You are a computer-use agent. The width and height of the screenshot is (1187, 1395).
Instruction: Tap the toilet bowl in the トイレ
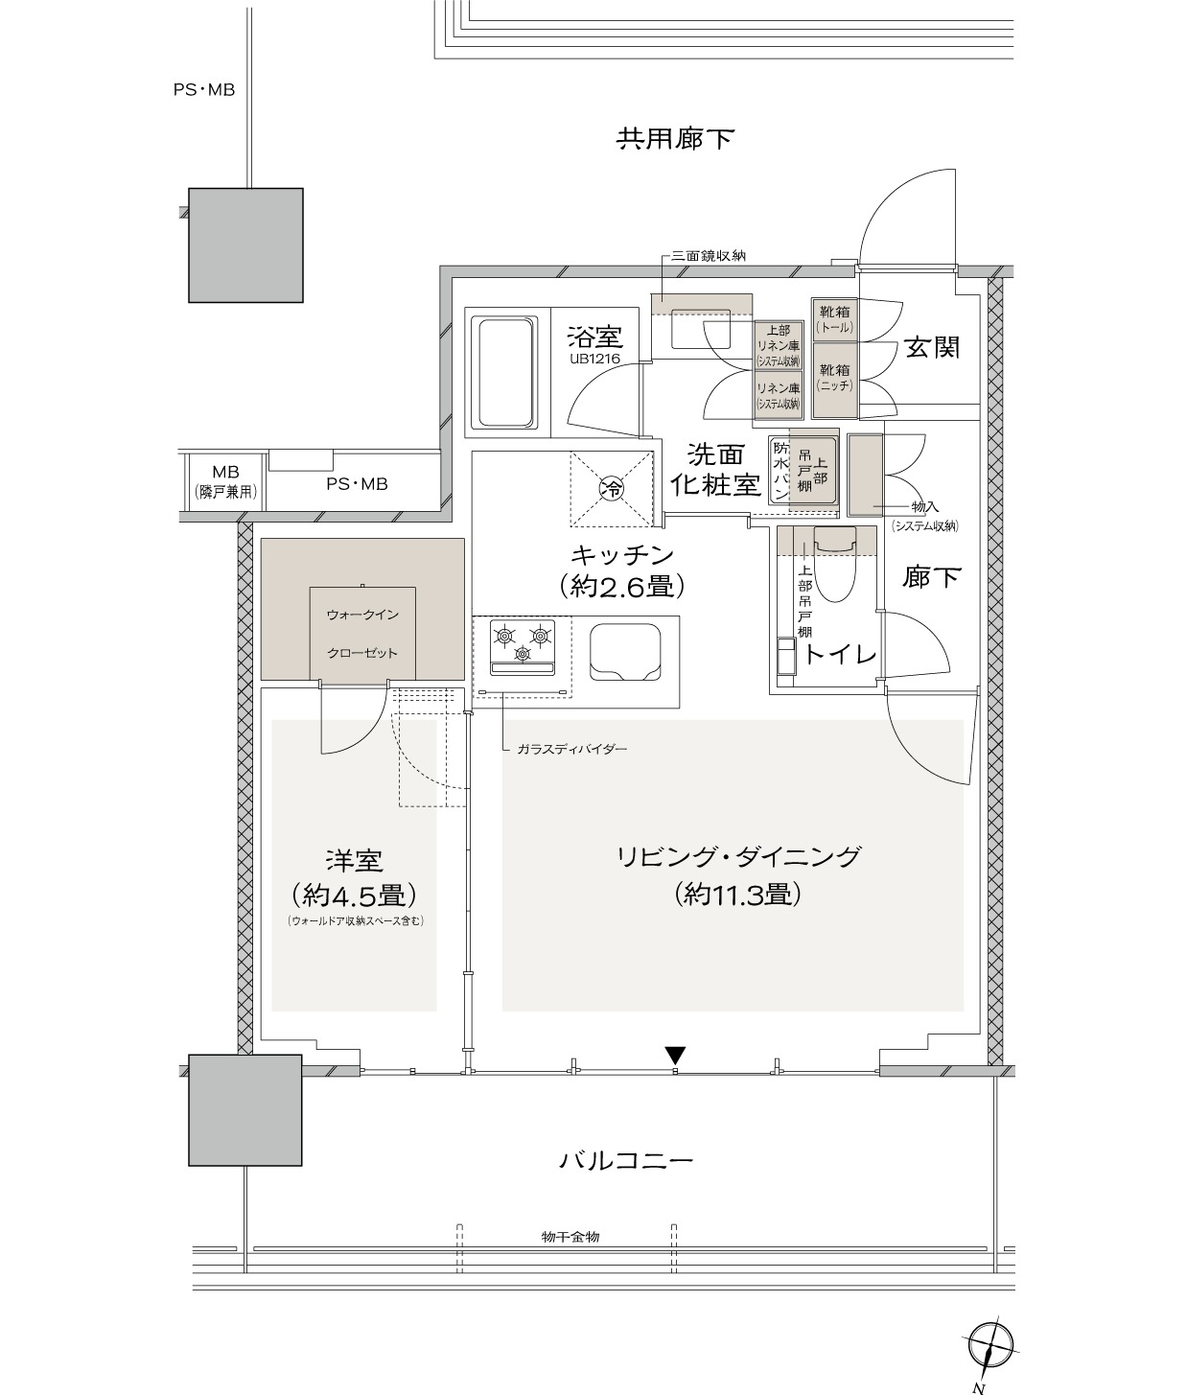click(835, 564)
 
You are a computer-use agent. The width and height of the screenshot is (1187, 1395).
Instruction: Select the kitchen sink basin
click(625, 652)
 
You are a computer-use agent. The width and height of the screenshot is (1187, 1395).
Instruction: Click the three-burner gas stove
click(523, 646)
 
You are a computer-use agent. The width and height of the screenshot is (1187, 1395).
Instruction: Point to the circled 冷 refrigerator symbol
click(612, 487)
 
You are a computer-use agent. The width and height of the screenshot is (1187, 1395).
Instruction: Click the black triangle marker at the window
click(675, 1055)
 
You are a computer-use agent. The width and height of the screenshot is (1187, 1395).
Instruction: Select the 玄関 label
click(932, 348)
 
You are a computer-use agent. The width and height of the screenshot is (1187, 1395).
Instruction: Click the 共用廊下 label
click(675, 138)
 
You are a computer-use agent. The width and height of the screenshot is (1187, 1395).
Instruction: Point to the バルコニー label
click(625, 1161)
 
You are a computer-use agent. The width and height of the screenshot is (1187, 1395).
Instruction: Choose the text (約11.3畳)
click(737, 895)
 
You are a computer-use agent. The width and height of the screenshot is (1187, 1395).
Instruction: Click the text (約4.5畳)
click(354, 895)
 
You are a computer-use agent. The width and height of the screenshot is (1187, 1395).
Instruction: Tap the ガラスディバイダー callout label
click(572, 749)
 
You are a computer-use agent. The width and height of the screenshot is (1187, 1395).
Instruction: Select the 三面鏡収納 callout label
click(709, 256)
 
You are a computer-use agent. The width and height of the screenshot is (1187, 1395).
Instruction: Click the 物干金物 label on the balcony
click(570, 1237)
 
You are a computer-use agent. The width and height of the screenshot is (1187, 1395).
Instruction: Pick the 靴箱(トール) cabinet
click(835, 319)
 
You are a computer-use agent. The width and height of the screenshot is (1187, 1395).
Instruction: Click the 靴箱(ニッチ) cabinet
click(835, 380)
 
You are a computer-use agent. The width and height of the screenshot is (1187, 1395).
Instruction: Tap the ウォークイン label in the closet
click(362, 615)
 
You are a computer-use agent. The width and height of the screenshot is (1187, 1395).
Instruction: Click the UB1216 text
click(594, 359)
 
